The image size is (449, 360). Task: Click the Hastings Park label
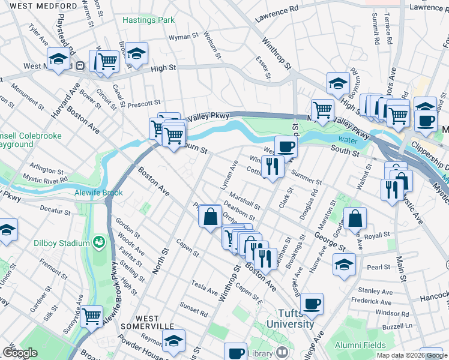click(x=148, y=20)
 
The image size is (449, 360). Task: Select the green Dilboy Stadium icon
click(x=98, y=242)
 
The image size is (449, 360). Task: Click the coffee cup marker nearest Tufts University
click(x=312, y=304)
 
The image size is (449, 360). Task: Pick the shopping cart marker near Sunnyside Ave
click(x=91, y=315)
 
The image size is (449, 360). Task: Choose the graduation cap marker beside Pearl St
click(x=344, y=263)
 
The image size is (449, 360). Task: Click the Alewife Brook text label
click(x=100, y=193)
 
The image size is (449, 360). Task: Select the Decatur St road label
click(x=55, y=209)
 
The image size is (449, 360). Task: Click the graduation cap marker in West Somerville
click(x=173, y=342)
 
